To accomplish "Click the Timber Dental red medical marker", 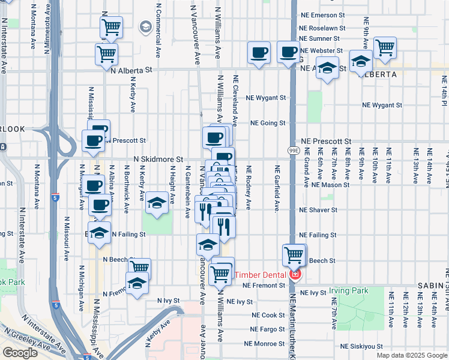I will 295,275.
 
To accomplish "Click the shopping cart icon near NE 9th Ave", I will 384,47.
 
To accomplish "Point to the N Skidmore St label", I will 158,159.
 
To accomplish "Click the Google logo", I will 20,353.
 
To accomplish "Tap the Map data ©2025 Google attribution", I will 412,355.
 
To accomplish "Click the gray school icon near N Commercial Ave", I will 145,27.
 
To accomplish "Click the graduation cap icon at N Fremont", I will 137,283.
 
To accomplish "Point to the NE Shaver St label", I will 318,210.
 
